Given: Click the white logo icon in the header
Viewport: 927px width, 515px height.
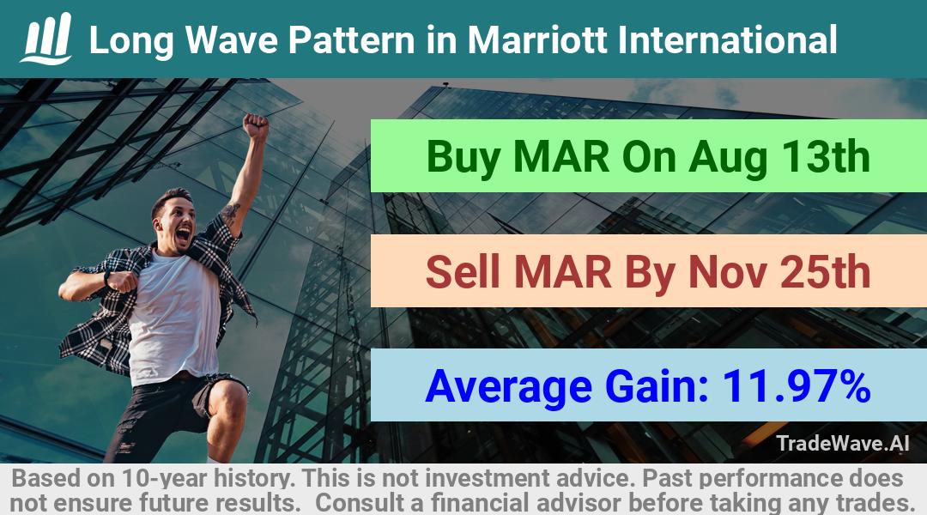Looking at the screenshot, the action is click(46, 39).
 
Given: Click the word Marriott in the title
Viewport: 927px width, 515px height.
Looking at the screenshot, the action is click(536, 40).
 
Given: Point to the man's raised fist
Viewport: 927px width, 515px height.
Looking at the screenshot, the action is click(256, 126).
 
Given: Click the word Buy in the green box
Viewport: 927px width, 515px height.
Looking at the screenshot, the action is click(463, 158).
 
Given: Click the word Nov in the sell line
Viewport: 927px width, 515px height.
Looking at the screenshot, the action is click(727, 272).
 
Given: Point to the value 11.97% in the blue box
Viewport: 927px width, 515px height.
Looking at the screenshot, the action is click(796, 386).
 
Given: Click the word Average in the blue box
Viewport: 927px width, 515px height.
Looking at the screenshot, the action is click(508, 387).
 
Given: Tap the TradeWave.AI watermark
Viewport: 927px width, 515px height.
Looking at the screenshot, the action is click(843, 444).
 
